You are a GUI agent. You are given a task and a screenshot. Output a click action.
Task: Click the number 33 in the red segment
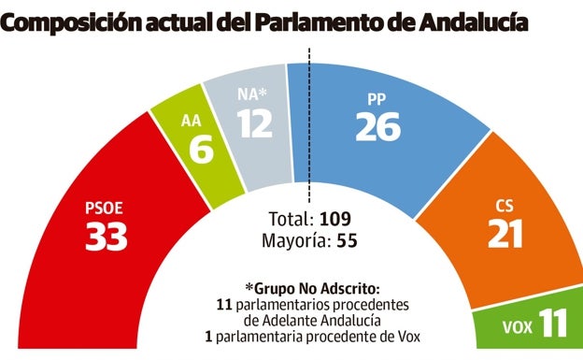tap(106, 238)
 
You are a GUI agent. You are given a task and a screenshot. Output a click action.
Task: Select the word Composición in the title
tap(74, 20)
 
